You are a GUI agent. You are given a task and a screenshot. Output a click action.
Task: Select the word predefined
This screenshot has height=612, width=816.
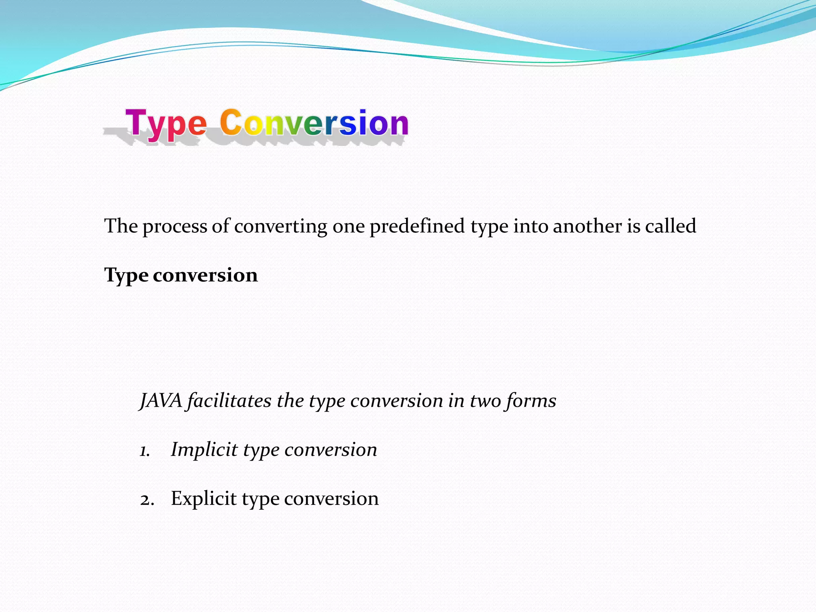click(x=417, y=226)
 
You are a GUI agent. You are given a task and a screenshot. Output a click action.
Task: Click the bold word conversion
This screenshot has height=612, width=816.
click(x=205, y=275)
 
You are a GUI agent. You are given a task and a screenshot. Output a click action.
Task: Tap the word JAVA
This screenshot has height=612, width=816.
click(x=161, y=400)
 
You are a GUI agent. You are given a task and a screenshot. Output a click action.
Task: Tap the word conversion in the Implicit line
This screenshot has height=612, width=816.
click(x=331, y=450)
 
